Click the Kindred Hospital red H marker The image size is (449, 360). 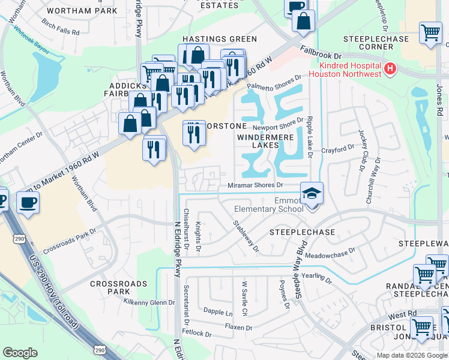click(x=390, y=69)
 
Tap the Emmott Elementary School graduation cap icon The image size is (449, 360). click(x=312, y=194)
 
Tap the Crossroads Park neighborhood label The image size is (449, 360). click(x=110, y=287)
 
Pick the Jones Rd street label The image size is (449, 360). click(x=440, y=94)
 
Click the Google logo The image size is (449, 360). click(x=20, y=352)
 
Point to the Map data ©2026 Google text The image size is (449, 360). click(x=411, y=355)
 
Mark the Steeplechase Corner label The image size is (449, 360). click(x=376, y=43)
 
